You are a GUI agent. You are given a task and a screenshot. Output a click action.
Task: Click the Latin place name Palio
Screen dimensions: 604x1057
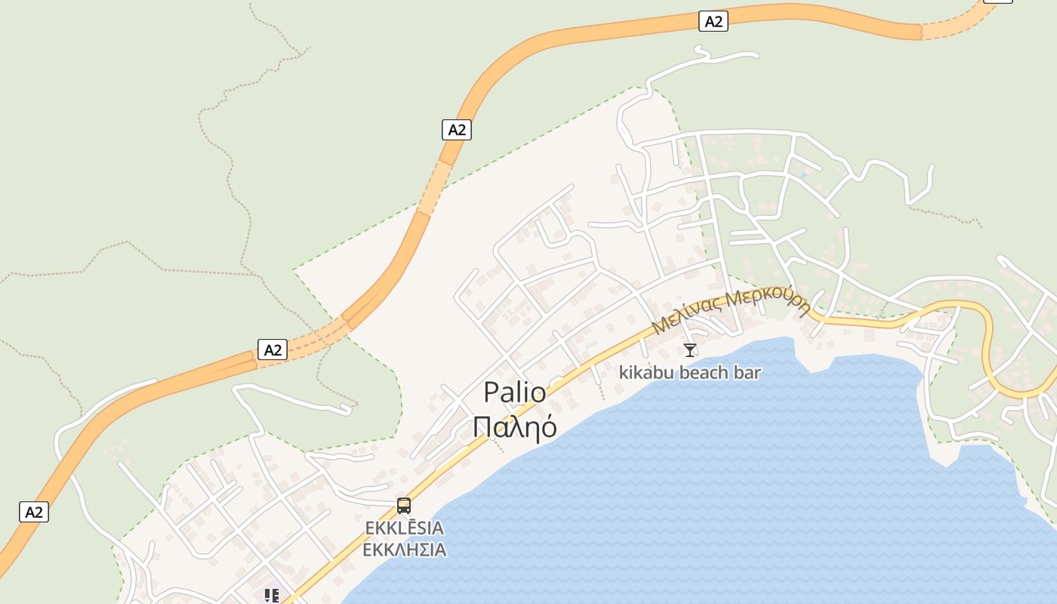coord(514,393)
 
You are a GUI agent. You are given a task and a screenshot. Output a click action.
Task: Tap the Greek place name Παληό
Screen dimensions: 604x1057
coord(514,427)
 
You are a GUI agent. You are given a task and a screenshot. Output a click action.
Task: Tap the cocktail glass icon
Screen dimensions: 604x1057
coord(689,350)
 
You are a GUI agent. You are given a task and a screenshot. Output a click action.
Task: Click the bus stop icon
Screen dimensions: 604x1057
coord(404,505)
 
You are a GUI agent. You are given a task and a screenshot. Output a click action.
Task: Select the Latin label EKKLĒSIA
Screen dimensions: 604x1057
coord(404,527)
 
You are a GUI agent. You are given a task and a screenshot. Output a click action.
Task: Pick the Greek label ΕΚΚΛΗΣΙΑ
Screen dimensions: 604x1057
coord(404,549)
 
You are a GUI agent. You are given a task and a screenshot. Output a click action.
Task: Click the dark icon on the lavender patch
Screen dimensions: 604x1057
coord(272,596)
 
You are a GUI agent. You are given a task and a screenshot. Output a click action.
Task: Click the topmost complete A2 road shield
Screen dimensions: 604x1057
coord(713,21)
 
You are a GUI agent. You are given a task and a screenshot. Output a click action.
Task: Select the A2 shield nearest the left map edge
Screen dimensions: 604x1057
coord(34,512)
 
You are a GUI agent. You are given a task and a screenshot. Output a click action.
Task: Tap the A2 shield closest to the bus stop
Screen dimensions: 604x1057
coord(273,350)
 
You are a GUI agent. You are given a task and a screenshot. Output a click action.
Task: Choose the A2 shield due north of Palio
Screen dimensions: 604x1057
coord(456,130)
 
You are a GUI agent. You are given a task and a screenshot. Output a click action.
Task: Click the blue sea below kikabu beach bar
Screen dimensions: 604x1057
coord(717,468)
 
